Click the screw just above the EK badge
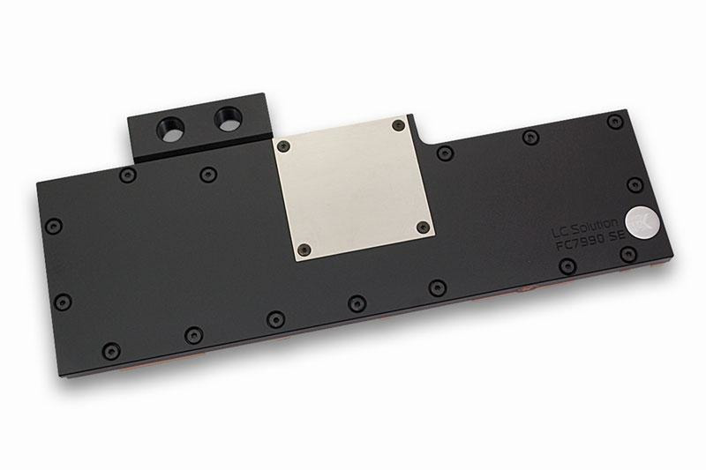[x=635, y=184]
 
